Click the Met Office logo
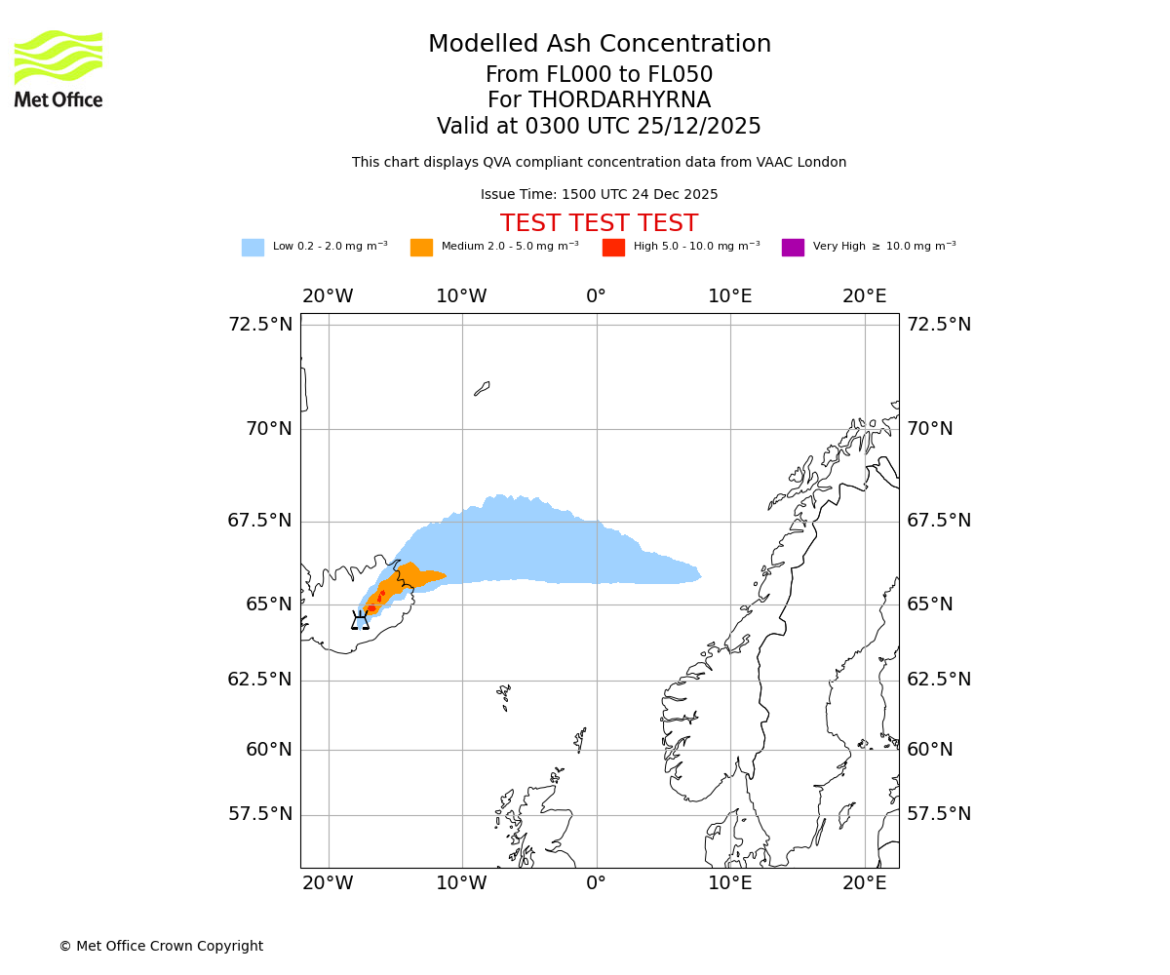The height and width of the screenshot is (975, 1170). coord(58,68)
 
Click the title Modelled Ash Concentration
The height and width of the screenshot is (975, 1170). coord(599,44)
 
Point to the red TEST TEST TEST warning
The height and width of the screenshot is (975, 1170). coord(599,223)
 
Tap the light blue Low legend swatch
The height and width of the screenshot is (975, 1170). coord(253,248)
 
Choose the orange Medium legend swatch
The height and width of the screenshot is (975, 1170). coord(421,248)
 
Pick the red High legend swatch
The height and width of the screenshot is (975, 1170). coord(613,248)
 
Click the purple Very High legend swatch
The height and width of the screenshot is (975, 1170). coord(793,248)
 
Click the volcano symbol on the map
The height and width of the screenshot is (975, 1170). coord(361,621)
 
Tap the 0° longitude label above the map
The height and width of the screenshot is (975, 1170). coord(596,296)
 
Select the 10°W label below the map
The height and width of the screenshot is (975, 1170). coord(461,883)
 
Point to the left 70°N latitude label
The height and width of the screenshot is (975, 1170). coord(260,429)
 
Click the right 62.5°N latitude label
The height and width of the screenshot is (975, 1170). coord(940,680)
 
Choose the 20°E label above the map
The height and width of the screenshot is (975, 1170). coord(864,296)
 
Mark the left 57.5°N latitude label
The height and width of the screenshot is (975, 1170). coord(260,814)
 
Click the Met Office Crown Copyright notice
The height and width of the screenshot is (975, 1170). coord(161,946)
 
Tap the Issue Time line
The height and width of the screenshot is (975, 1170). coord(599,195)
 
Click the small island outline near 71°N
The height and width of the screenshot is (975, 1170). coord(482,388)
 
